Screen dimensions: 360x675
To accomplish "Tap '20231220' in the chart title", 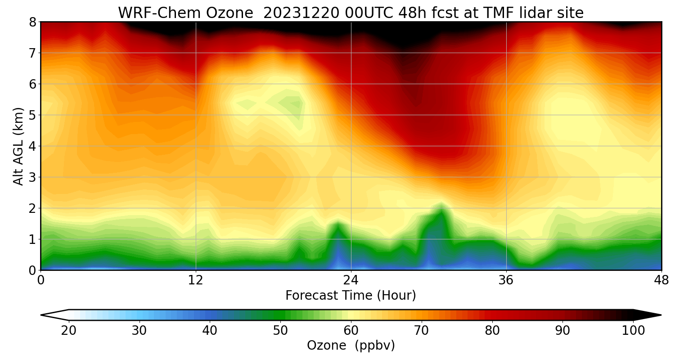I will click(x=301, y=13).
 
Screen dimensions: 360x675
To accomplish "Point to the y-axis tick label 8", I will click(x=32, y=22).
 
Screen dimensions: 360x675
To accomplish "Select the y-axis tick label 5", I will click(x=32, y=115).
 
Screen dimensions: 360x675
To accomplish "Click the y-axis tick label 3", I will click(x=32, y=177).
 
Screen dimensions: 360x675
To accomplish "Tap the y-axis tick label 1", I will click(x=32, y=239).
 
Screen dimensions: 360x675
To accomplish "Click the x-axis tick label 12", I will click(x=196, y=280).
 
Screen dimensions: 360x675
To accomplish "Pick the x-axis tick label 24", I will click(x=351, y=280).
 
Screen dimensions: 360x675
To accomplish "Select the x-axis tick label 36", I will click(x=506, y=280).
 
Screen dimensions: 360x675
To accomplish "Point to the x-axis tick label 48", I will click(x=661, y=280).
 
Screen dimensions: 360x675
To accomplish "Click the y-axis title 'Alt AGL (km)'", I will click(x=18, y=146).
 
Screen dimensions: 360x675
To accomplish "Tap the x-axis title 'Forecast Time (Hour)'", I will click(x=351, y=296).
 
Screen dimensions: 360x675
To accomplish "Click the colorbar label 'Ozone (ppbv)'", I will click(x=351, y=346).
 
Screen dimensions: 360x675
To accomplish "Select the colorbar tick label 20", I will click(x=69, y=331).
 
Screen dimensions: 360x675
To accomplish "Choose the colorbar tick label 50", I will click(x=280, y=331).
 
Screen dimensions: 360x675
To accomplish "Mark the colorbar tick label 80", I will click(x=492, y=331).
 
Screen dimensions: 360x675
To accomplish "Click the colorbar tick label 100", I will click(x=633, y=331).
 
